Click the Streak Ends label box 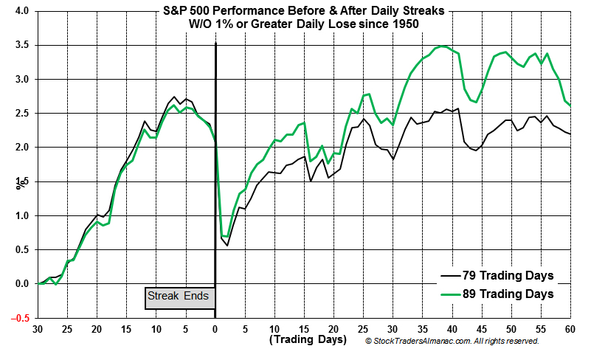(179, 297)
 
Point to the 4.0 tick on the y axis (21, 12)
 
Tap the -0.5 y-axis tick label (20, 318)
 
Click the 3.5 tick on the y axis (21, 46)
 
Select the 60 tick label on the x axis (570, 330)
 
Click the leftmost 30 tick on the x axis (37, 330)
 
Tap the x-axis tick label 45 (481, 330)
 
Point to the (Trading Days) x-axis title (307, 340)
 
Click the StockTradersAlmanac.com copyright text (452, 342)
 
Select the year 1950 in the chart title (405, 24)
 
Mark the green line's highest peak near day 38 (440, 46)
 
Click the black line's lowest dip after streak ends (227, 245)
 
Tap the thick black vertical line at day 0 (215, 184)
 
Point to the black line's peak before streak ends (174, 97)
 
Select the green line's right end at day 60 (570, 105)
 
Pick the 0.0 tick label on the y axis (21, 284)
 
